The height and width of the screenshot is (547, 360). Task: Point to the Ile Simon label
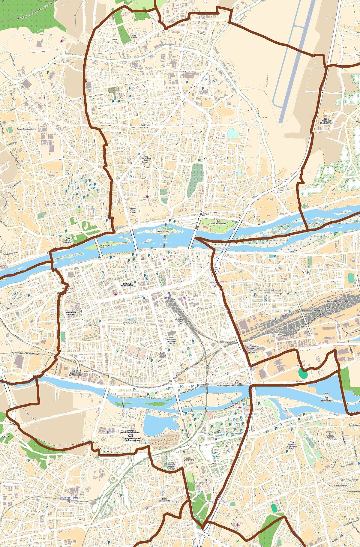point(105,246)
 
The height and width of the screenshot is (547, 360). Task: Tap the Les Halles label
point(113,279)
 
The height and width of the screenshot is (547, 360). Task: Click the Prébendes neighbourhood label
point(130,323)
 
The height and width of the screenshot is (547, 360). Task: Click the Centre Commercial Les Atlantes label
point(253,348)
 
